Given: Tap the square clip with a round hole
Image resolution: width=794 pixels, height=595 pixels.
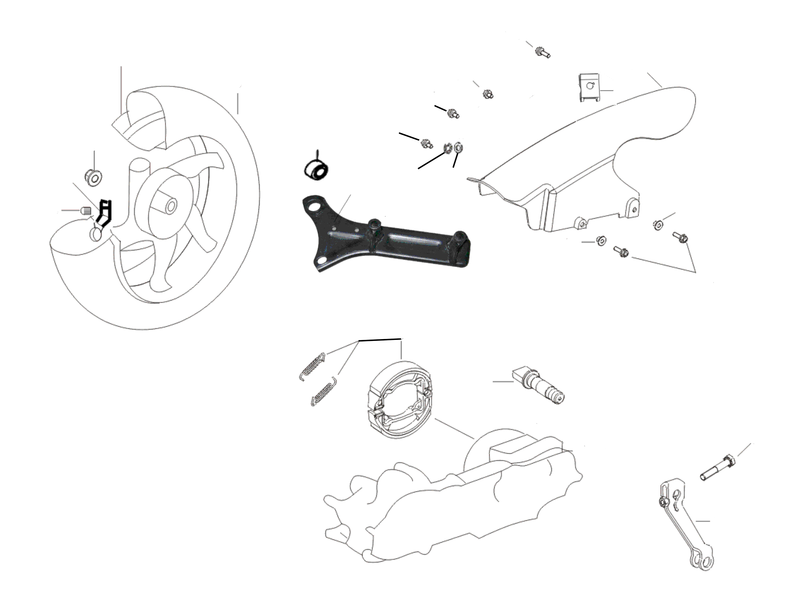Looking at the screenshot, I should (x=589, y=88).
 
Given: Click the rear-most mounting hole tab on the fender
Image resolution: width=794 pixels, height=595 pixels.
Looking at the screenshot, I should (x=635, y=209).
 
